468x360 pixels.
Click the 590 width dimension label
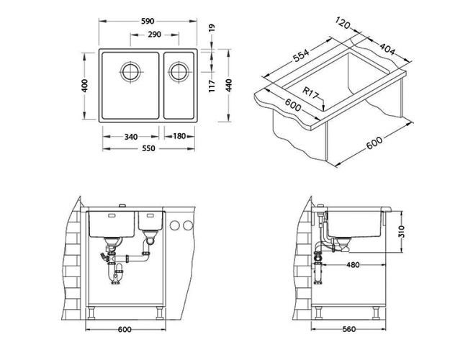pyautogui.click(x=148, y=21)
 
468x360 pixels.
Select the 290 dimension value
pyautogui.click(x=154, y=35)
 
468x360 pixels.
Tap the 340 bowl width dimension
pyautogui.click(x=131, y=137)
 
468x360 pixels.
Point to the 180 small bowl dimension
pyautogui.click(x=179, y=136)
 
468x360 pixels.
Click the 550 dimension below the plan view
pyautogui.click(x=148, y=148)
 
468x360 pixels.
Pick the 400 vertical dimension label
pyautogui.click(x=85, y=86)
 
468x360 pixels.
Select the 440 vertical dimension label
pyautogui.click(x=229, y=86)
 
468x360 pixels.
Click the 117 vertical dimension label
pyautogui.click(x=212, y=86)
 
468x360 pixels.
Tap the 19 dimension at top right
pyautogui.click(x=212, y=28)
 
